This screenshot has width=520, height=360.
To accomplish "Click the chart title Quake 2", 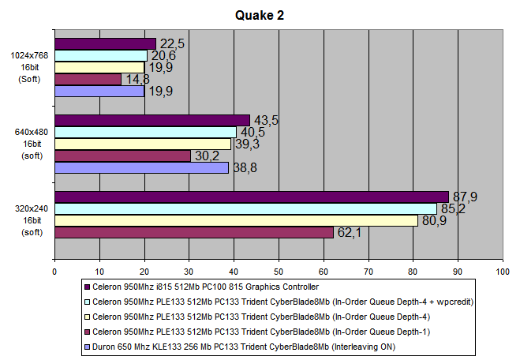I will pyautogui.click(x=260, y=15).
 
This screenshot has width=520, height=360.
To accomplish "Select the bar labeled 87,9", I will pyautogui.click(x=251, y=197).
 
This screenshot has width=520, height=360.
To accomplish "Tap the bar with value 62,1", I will pyautogui.click(x=193, y=232).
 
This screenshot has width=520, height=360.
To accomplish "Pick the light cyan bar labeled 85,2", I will pyautogui.click(x=245, y=208).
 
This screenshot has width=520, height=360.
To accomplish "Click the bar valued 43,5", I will pyautogui.click(x=152, y=120).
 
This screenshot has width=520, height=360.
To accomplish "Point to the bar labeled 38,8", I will pyautogui.click(x=141, y=167).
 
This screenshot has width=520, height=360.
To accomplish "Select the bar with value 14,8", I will pyautogui.click(x=88, y=79).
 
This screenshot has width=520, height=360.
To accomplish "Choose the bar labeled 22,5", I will pyautogui.click(x=105, y=43).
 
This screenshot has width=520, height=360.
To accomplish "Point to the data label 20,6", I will pyautogui.click(x=162, y=55).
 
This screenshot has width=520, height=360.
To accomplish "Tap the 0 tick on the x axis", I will pyautogui.click(x=54, y=270).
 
